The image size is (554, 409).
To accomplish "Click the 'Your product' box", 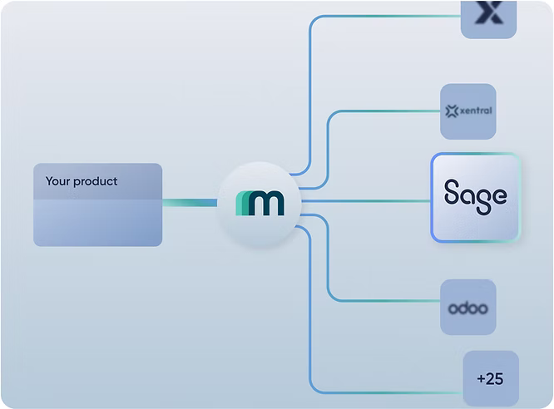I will pos(97,204).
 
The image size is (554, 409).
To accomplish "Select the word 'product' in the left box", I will pos(96,182).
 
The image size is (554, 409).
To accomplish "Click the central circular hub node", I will pos(259,202).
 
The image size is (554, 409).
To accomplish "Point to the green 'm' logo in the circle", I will pos(260,203).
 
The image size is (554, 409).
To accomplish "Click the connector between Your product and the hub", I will pos(190,202).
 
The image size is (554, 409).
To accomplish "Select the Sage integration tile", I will pos(475,198).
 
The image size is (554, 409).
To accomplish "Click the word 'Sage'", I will pos(475,196).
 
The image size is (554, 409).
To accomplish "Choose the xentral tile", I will pos(467,111).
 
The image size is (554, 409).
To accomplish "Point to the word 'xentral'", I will pos(475,111).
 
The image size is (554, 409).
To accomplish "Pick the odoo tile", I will pos(467,307).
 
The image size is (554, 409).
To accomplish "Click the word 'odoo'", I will pos(467,308).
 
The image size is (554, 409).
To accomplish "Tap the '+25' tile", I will pos(490,379).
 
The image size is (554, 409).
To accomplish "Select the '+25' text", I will pos(490,379).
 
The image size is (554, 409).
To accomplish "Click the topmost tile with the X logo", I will pos(489,17).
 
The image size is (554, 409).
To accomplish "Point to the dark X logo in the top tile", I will pos(490,12).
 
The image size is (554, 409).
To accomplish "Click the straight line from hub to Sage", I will pos(366,200).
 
